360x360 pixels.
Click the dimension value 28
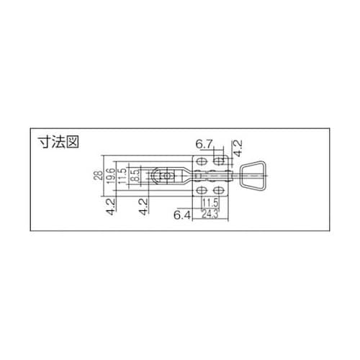99,176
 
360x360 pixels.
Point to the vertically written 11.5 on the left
123,176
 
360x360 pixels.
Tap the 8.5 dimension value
134,176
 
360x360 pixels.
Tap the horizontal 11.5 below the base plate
210,203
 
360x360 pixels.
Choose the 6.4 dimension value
181,214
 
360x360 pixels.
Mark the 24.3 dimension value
210,214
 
